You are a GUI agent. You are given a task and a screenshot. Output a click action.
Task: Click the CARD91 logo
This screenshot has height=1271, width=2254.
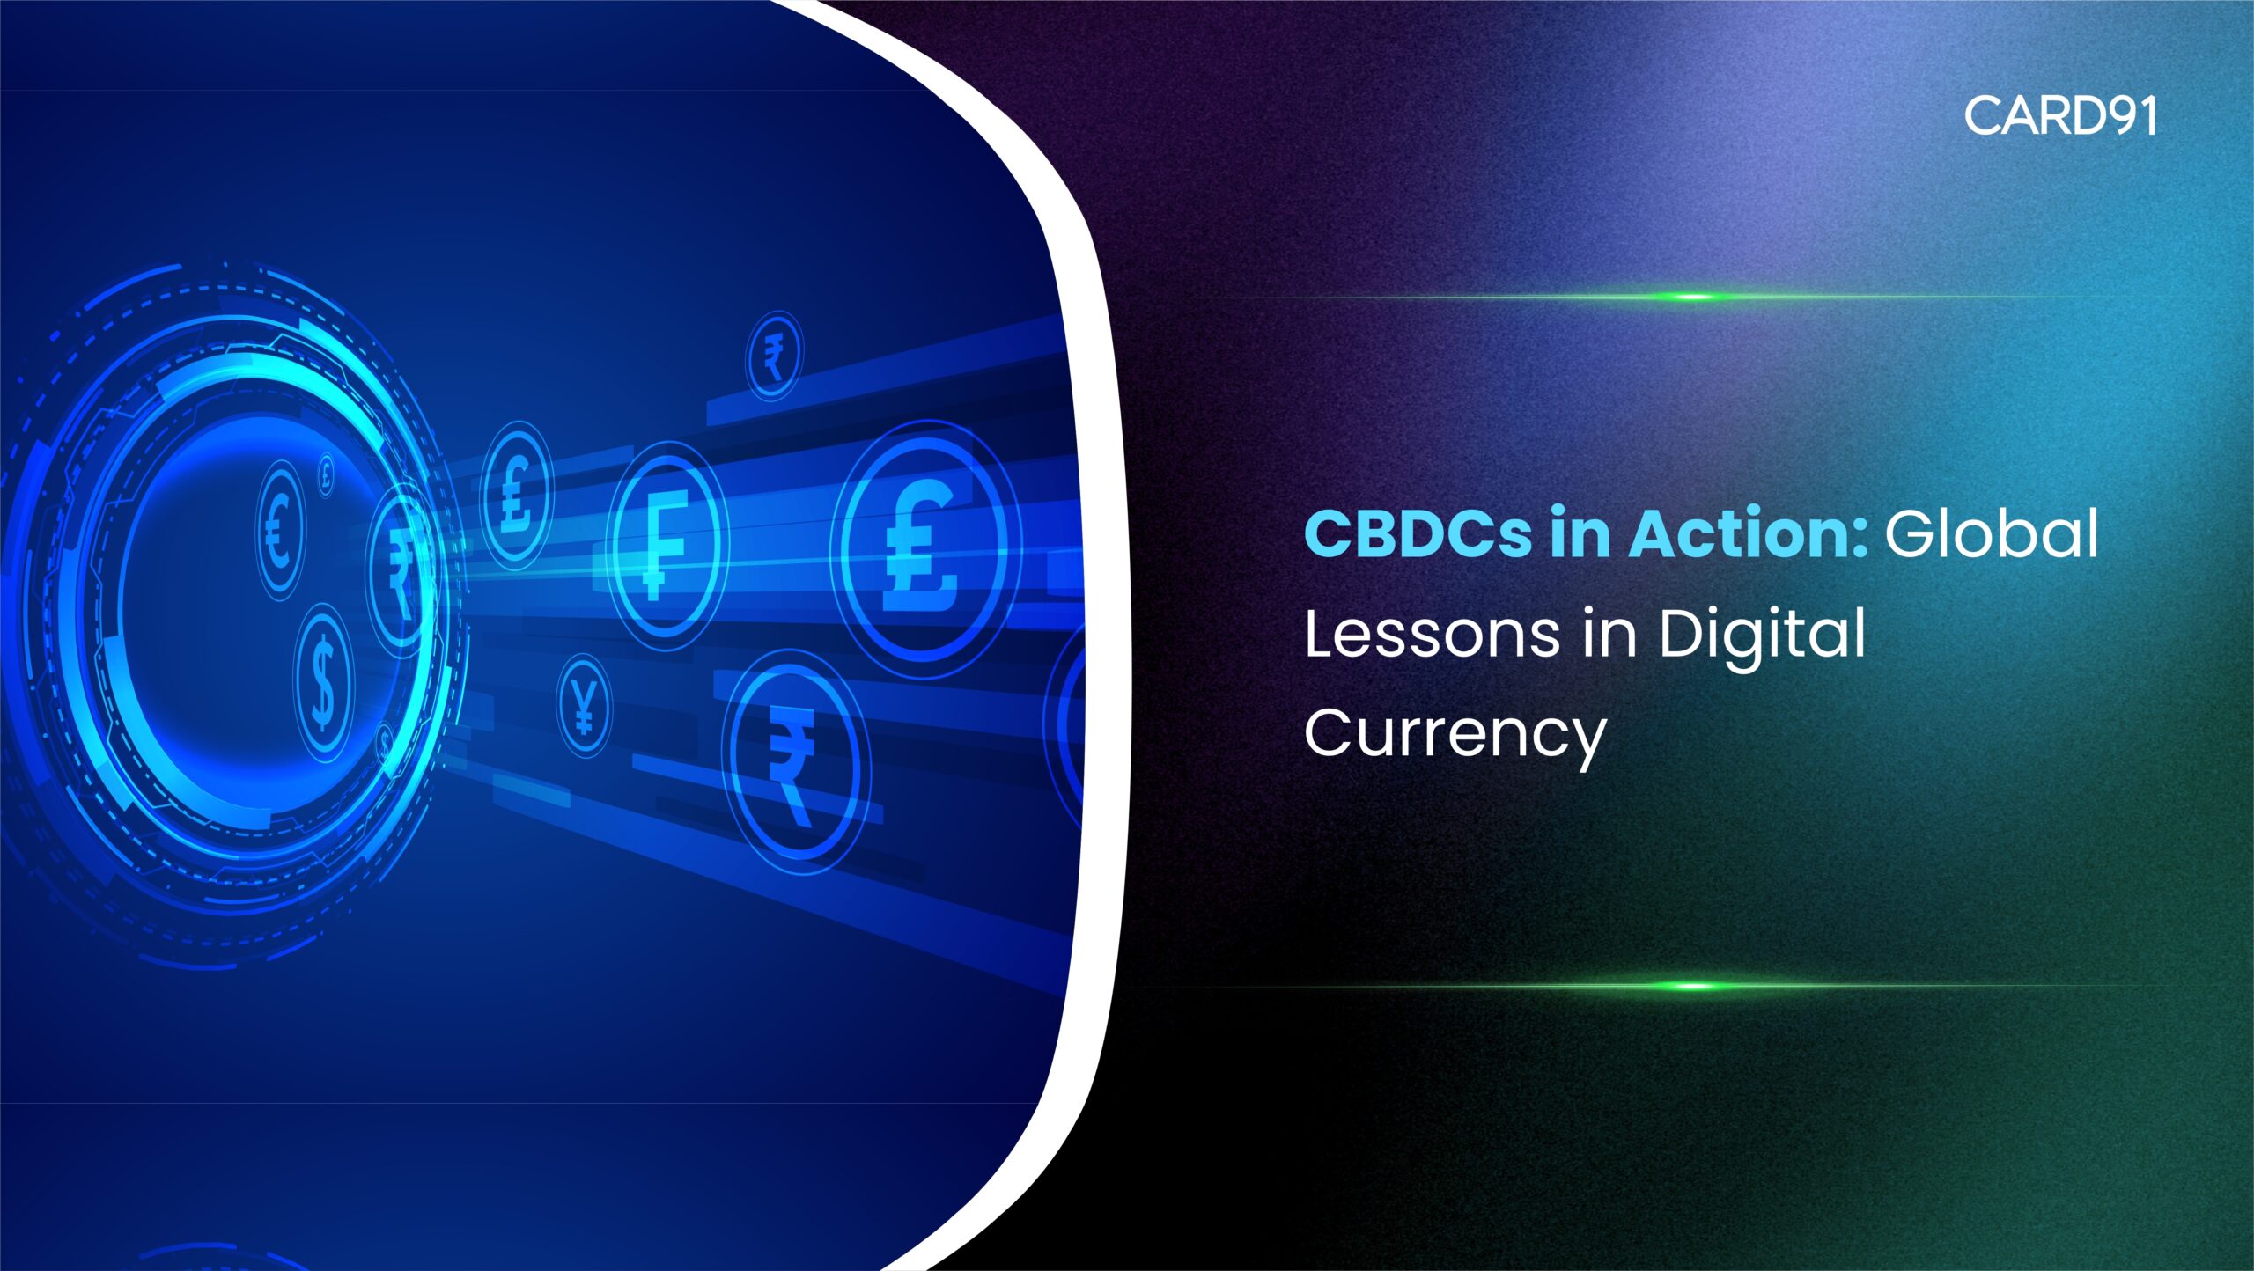(x=2060, y=115)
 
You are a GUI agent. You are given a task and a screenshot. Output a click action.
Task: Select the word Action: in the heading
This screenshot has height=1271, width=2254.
(x=1748, y=533)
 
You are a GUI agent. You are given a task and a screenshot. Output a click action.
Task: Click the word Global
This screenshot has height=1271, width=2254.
(x=1992, y=533)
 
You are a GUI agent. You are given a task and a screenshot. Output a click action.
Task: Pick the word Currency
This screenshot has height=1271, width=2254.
(x=1455, y=736)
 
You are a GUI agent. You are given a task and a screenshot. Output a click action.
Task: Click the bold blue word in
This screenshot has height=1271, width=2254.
(x=1580, y=533)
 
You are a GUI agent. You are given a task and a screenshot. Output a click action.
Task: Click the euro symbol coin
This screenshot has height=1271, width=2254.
(x=280, y=530)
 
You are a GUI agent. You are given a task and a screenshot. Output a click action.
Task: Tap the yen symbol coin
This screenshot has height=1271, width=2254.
(x=584, y=707)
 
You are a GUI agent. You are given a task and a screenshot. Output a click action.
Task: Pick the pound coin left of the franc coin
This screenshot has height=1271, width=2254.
(x=516, y=495)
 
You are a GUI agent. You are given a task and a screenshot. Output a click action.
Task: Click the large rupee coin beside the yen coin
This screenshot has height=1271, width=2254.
(x=794, y=762)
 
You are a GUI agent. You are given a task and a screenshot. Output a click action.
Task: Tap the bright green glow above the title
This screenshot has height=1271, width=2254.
(x=1690, y=297)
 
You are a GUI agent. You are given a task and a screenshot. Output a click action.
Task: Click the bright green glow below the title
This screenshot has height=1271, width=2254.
(x=1690, y=986)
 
